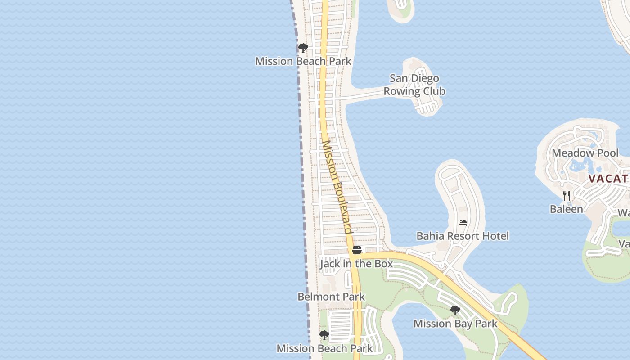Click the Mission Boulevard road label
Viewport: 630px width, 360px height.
337,187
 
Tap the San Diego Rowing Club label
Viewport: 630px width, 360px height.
414,85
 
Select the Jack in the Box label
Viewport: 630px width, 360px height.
356,264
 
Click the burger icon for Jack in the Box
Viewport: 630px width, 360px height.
357,250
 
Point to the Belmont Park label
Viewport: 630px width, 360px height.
331,297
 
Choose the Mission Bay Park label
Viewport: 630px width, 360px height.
455,324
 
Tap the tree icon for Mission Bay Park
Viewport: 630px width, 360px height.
455,310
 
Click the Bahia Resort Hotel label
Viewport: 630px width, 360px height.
463,236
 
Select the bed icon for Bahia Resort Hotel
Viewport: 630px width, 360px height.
463,223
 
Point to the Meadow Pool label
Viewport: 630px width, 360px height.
585,153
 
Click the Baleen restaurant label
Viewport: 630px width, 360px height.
566,209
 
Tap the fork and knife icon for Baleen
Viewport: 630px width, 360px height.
567,196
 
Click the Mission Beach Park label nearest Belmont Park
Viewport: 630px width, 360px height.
324,348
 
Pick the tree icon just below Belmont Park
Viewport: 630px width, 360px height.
324,335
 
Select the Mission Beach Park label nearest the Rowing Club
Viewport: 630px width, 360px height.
303,61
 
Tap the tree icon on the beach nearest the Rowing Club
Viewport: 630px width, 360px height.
303,48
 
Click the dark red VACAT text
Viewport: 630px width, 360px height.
608,179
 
